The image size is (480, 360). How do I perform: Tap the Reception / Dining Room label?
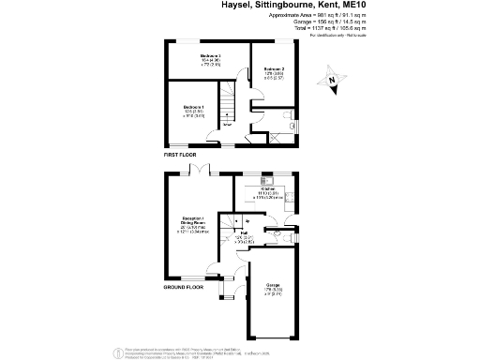click(x=193, y=227)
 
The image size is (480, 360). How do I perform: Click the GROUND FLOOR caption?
click(x=184, y=314)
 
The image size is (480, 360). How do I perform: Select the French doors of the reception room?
click(x=200, y=170)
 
